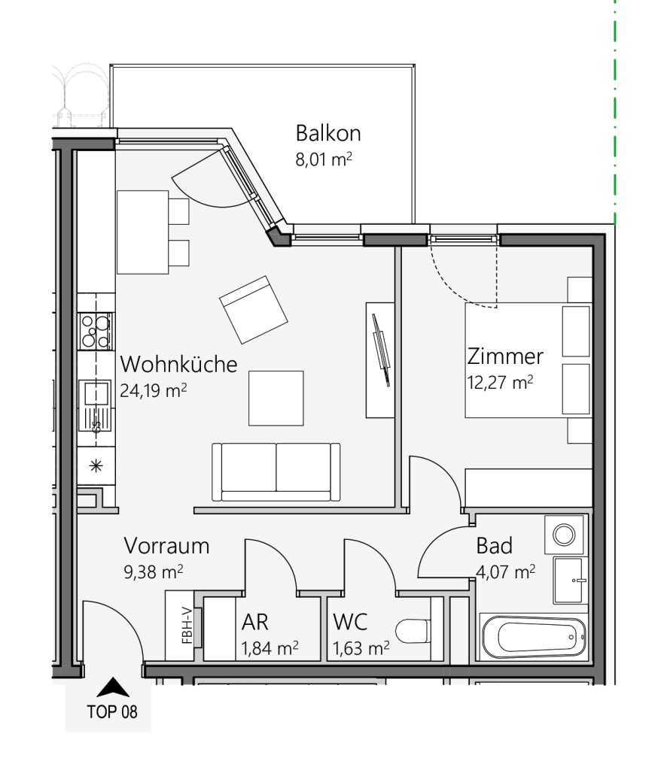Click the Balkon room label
click(328, 133)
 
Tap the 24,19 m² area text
click(154, 390)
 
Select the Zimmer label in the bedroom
click(505, 356)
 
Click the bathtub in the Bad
click(534, 636)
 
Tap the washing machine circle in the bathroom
click(564, 535)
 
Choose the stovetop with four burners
click(96, 331)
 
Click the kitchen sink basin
click(96, 393)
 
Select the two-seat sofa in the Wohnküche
click(276, 472)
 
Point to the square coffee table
click(276, 399)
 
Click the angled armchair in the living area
click(254, 310)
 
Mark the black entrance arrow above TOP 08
click(113, 687)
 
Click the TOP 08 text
click(112, 711)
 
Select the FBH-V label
click(187, 625)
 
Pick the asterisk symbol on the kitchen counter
click(96, 465)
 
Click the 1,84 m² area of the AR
click(270, 648)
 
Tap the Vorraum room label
click(166, 546)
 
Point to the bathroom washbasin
click(571, 581)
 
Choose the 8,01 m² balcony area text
click(324, 159)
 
